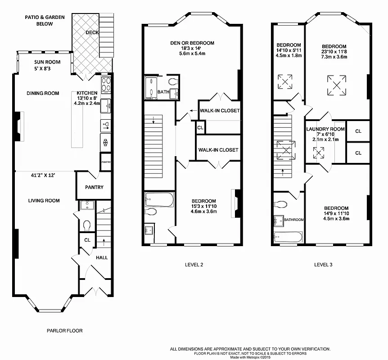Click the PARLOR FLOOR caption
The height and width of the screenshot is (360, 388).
click(x=64, y=331)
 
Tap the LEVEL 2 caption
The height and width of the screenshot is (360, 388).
click(x=194, y=265)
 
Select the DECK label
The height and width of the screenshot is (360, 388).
click(x=92, y=32)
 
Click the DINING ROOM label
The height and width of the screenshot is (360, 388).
click(x=43, y=94)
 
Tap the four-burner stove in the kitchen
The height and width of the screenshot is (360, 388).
click(x=107, y=85)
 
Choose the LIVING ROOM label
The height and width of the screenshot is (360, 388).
click(x=44, y=201)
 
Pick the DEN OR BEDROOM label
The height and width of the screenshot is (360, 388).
click(x=192, y=43)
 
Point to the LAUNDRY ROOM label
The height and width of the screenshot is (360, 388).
click(x=325, y=129)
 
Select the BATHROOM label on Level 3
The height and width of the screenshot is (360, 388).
click(x=293, y=220)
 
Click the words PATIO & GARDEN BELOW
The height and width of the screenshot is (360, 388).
click(x=45, y=20)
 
